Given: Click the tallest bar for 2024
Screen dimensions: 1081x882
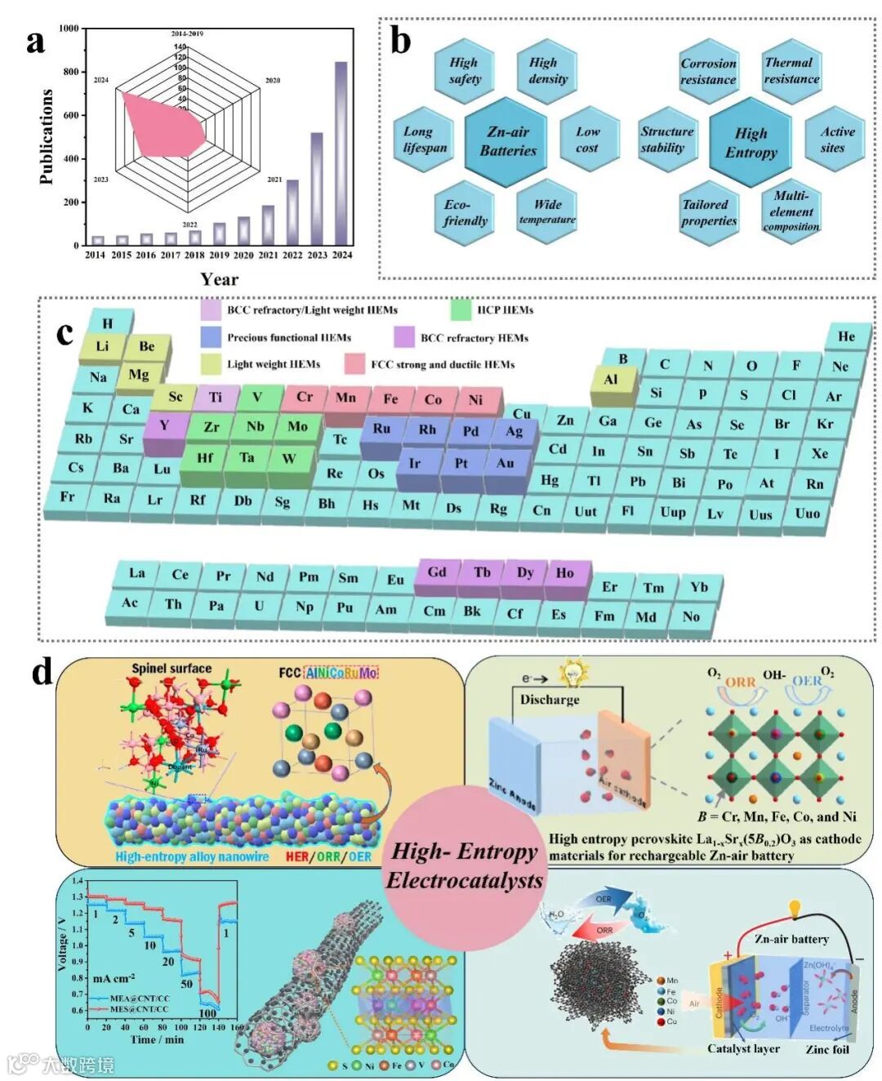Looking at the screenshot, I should click(x=341, y=153).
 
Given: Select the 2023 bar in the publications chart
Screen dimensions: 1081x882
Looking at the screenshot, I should click(x=317, y=189).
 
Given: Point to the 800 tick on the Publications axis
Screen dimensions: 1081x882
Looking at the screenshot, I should click(x=72, y=72).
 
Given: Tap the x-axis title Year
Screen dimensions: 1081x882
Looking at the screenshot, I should click(x=220, y=279).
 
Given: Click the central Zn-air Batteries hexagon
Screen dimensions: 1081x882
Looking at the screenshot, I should click(x=507, y=141).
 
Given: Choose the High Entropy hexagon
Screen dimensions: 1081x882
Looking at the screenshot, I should click(x=751, y=143).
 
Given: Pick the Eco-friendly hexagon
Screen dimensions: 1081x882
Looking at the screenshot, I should click(x=465, y=212).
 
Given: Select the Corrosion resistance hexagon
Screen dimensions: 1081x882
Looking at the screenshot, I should click(x=708, y=72).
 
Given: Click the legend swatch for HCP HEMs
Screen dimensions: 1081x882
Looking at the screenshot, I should click(x=461, y=310).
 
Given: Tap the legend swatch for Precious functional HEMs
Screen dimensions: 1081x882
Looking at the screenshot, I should click(x=212, y=337).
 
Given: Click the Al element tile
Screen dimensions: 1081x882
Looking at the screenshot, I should click(x=611, y=380).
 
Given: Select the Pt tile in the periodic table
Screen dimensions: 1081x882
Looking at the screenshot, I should click(x=461, y=464).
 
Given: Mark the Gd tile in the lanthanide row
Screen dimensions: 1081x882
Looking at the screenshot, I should click(x=437, y=572).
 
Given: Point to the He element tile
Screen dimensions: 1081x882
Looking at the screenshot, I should click(x=847, y=336).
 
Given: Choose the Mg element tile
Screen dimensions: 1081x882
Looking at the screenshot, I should click(x=139, y=375).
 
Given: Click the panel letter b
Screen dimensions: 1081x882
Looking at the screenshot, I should click(x=400, y=41).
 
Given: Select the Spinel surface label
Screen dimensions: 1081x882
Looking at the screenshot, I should click(x=171, y=669).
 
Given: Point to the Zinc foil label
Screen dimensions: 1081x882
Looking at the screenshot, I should click(x=827, y=1049).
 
